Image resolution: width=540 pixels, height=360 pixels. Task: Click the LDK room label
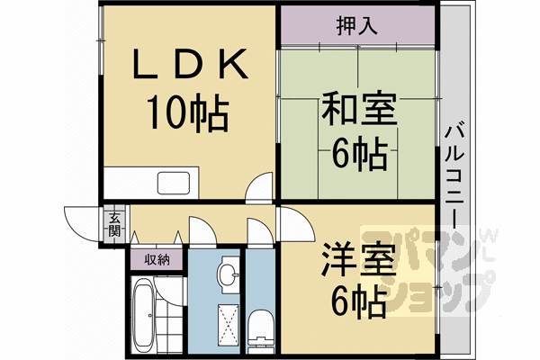pyautogui.click(x=191, y=64)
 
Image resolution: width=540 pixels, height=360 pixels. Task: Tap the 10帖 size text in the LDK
pyautogui.click(x=188, y=112)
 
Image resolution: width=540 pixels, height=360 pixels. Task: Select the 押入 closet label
pyautogui.click(x=356, y=25)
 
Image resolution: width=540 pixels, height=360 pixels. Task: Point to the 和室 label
pyautogui.click(x=359, y=108)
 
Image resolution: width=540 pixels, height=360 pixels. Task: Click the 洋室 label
pyautogui.click(x=359, y=260)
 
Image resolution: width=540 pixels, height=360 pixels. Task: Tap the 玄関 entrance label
pyautogui.click(x=114, y=224)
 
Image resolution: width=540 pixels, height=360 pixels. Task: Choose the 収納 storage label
pyautogui.click(x=157, y=259)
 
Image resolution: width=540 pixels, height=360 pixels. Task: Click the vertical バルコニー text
pyautogui.click(x=454, y=176)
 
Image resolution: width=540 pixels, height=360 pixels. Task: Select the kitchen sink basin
pyautogui.click(x=174, y=183)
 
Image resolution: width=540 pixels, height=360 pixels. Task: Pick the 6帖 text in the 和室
pyautogui.click(x=359, y=154)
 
